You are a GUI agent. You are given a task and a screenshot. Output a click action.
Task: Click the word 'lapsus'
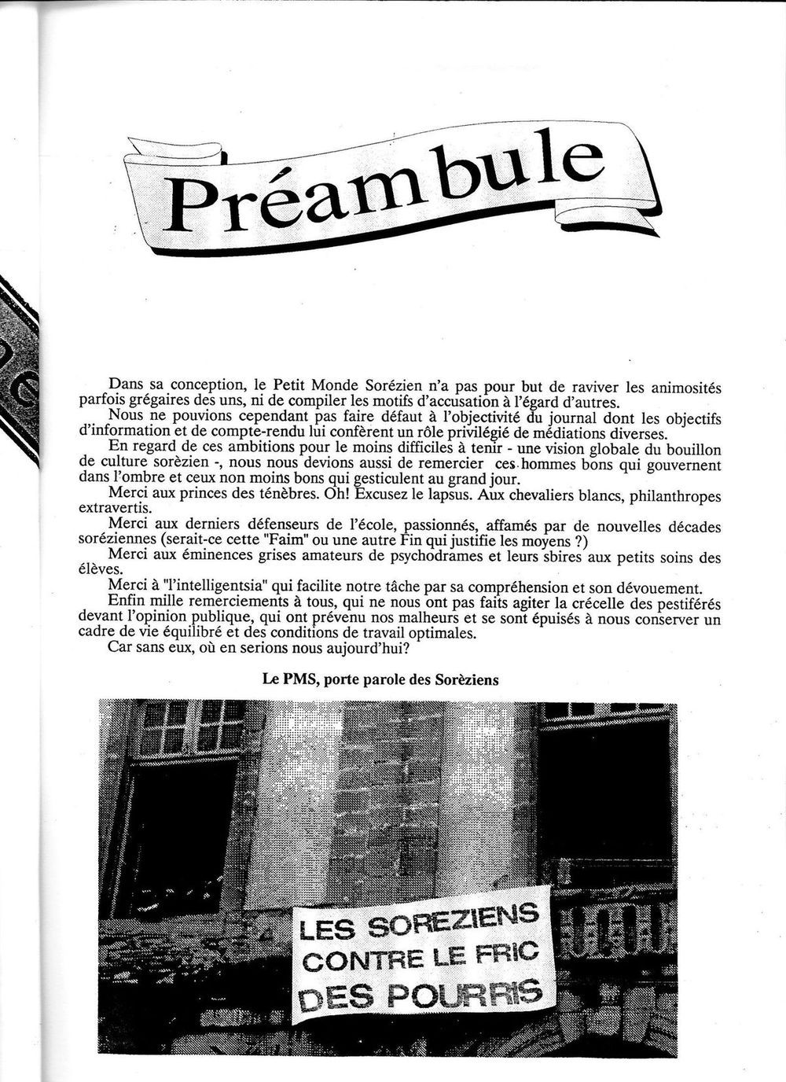coord(453,495)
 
